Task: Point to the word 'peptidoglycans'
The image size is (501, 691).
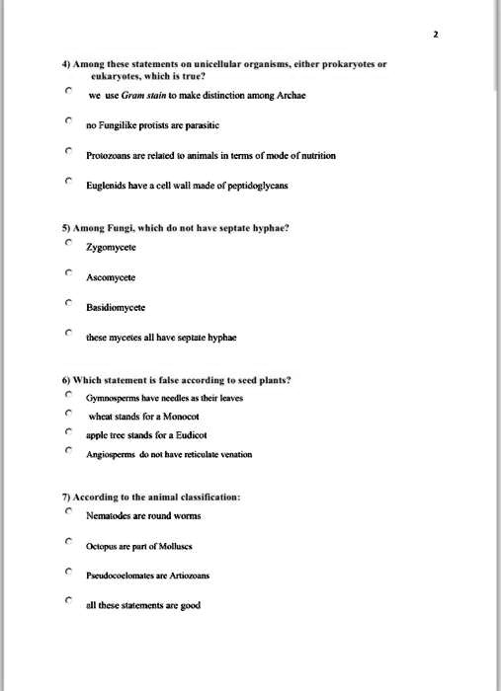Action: tap(234, 187)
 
